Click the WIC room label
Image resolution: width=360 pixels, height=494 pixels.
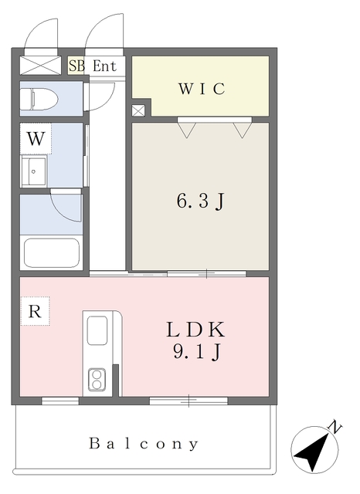[202, 89]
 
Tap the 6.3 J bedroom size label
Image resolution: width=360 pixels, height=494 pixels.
[200, 201]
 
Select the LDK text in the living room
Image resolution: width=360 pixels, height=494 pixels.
[195, 330]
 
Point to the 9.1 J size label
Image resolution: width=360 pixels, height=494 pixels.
[196, 352]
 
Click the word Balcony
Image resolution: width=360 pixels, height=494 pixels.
[144, 444]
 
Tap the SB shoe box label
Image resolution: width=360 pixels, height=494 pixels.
[76, 66]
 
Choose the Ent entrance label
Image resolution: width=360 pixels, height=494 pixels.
[104, 66]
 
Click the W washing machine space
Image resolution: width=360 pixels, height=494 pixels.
[36, 139]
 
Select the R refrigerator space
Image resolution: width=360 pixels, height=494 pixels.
[35, 311]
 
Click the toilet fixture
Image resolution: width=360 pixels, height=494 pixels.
[39, 100]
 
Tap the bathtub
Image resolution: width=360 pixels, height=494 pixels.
[52, 253]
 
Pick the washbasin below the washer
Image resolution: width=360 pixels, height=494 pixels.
[34, 171]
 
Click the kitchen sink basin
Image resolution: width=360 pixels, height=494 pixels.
[97, 330]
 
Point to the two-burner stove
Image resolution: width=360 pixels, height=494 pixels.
[97, 380]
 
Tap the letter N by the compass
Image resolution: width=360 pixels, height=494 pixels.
[335, 428]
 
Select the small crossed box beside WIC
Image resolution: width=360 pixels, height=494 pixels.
[138, 110]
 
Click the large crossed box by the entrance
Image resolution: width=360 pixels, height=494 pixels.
[40, 66]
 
